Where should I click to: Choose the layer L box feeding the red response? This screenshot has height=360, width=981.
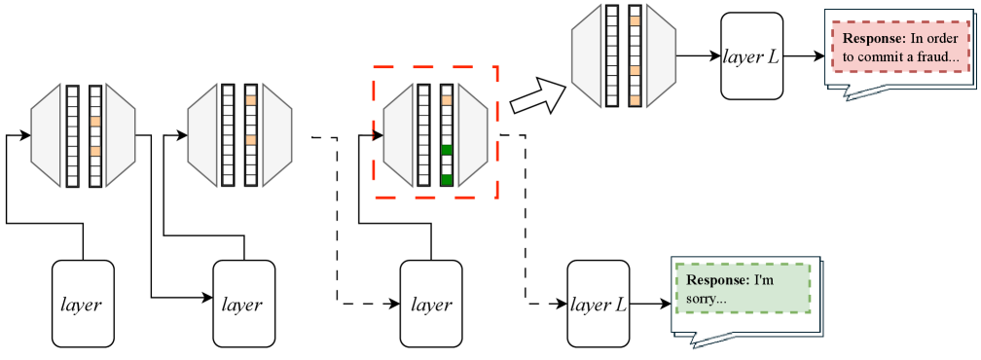(x=751, y=55)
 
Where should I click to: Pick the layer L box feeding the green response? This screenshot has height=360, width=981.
(x=599, y=304)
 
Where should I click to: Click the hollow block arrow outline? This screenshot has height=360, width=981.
(x=538, y=96)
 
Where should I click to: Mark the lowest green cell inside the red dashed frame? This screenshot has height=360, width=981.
(x=447, y=180)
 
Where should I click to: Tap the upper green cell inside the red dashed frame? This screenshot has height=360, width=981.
(x=447, y=150)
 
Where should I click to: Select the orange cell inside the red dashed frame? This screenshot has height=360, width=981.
(x=447, y=99)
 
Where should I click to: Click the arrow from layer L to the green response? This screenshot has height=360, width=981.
(x=650, y=305)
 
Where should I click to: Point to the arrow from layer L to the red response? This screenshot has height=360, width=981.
(x=804, y=56)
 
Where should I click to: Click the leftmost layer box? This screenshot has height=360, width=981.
(x=83, y=304)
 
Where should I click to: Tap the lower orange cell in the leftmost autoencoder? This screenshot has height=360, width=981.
(x=95, y=152)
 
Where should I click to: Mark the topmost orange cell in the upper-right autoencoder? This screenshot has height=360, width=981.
(x=635, y=19)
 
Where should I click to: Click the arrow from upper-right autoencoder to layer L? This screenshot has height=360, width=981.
(x=698, y=56)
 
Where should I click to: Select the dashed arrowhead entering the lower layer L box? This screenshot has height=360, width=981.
(x=562, y=305)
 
